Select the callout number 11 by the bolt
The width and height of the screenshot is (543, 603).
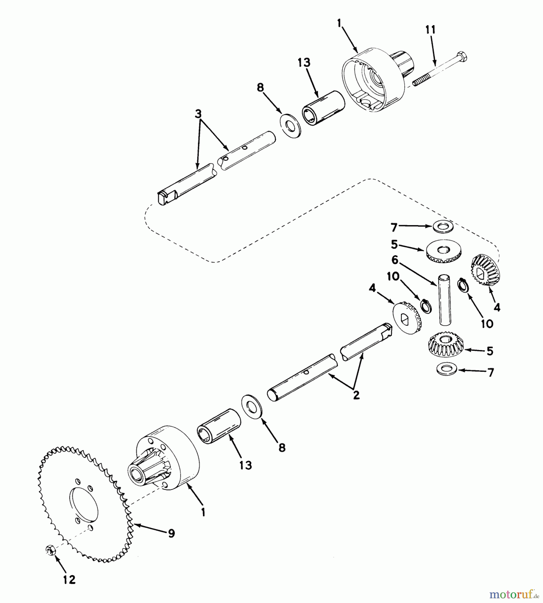[x=430, y=30]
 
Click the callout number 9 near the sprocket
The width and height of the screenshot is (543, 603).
[x=171, y=533]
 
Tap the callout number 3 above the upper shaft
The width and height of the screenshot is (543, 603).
[x=198, y=114]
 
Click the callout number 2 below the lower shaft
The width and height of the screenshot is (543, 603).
[x=356, y=395]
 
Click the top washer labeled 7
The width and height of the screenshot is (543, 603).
[x=443, y=226]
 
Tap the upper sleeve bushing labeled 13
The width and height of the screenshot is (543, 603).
[x=324, y=108]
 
